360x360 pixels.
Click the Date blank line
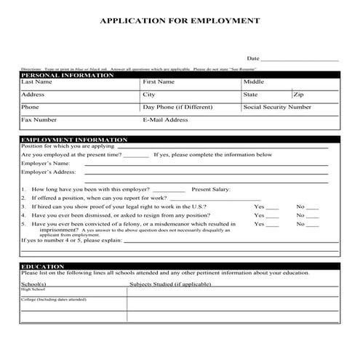(300, 59)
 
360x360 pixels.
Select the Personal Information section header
(68, 75)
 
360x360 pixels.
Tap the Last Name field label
(37, 82)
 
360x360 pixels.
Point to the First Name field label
(159, 82)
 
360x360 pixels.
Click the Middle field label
(254, 82)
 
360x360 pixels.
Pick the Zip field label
(299, 95)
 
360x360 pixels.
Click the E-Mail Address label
(165, 119)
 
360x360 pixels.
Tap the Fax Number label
(39, 119)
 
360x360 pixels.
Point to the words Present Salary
(211, 189)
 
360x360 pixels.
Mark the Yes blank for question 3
(271, 207)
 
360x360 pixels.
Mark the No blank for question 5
(312, 225)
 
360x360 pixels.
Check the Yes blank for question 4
(271, 216)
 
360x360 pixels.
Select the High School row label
(33, 289)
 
